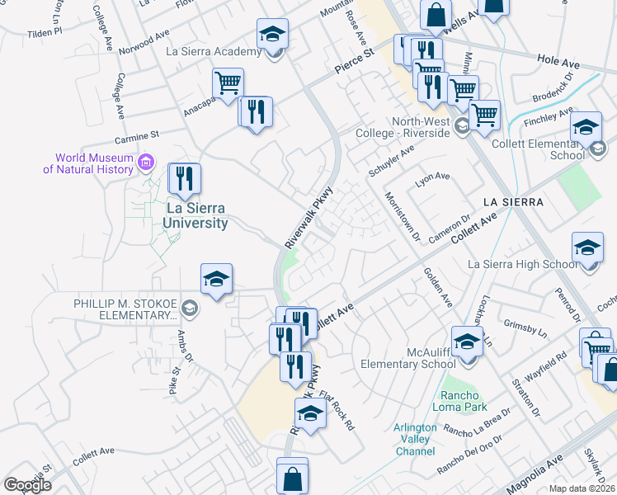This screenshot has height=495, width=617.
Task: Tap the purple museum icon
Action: [x=146, y=161]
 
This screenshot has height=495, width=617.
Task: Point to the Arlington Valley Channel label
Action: [x=416, y=439]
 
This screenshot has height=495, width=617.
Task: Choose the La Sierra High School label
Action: [x=523, y=264]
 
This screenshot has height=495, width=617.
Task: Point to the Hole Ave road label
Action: [x=558, y=62]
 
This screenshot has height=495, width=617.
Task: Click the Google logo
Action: [x=27, y=485]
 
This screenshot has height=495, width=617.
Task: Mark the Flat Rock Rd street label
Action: [x=337, y=412]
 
